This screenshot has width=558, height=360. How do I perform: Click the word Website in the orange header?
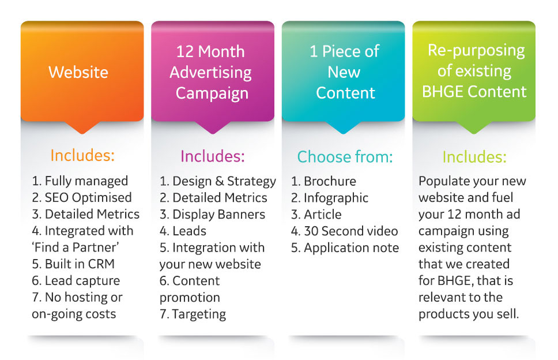pos(78,72)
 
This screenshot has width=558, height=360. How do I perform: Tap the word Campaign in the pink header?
pos(212,93)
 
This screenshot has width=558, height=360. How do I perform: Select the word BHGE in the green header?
pos(442,92)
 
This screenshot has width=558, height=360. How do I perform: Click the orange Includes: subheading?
pos(82,155)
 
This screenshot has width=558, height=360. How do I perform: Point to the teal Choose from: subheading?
pos(345,157)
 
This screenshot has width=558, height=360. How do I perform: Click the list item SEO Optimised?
pos(82,198)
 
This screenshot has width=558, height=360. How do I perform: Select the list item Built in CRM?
pos(73,264)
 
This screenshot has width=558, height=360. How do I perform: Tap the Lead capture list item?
pos(76,280)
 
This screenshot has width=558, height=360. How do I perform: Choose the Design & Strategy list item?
pos(218,181)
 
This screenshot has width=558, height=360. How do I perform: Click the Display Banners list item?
pos(213,215)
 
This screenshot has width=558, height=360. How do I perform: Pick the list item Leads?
pos(183,231)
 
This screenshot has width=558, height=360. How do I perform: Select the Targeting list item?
pos(193,314)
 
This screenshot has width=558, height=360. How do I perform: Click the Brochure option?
pos(323,181)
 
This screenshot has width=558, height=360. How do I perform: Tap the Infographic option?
pos(330,198)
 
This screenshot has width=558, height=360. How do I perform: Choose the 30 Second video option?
pos(345,231)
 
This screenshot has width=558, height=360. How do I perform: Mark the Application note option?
pos(345,248)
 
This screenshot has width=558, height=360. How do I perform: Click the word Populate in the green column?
pos(439,181)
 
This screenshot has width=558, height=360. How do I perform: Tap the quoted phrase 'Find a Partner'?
pos(76,247)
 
